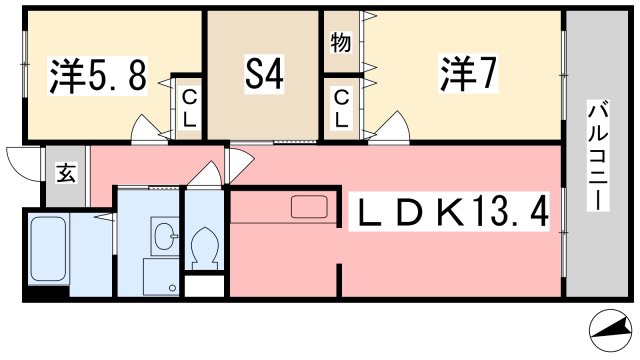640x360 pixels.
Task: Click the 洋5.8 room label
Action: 98,76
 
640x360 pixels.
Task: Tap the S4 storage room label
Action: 264,74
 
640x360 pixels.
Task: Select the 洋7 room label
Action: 468,74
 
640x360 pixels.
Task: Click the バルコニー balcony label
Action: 598,155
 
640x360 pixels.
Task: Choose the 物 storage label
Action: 341,42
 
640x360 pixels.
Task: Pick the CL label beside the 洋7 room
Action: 342,109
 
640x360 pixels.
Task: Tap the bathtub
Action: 48,249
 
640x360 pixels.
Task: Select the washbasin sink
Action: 164,236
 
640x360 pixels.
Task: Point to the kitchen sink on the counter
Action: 309,207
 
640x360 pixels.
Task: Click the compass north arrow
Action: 611,329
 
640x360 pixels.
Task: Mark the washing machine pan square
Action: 161,277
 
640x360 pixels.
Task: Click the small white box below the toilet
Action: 204,286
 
